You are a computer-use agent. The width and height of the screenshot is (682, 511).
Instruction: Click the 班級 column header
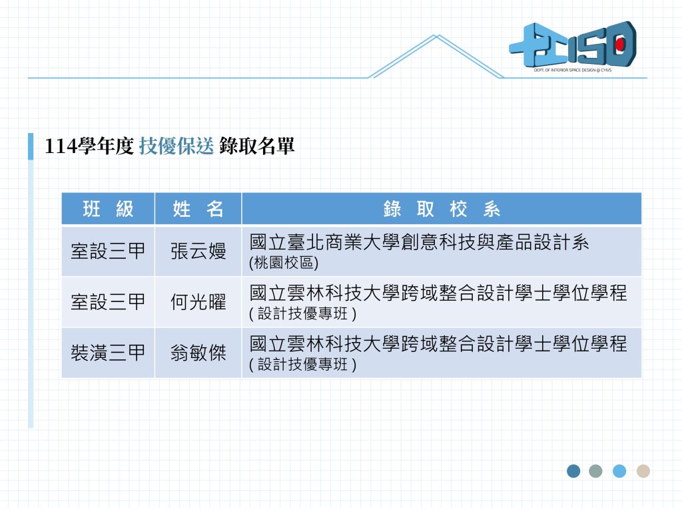(x=108, y=209)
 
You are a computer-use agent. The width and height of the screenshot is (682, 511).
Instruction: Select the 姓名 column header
(x=198, y=209)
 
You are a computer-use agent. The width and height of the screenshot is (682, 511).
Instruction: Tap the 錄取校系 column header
(x=442, y=209)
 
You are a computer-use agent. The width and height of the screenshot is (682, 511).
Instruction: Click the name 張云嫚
(x=198, y=251)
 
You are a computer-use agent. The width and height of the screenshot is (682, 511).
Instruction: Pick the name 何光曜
(x=198, y=302)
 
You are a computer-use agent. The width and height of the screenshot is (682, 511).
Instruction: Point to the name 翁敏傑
(x=198, y=353)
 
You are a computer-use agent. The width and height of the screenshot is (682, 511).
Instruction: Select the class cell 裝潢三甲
(x=108, y=353)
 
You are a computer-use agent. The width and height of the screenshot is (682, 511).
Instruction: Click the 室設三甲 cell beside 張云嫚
(x=108, y=251)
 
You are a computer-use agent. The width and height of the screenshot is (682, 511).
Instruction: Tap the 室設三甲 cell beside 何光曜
(x=108, y=302)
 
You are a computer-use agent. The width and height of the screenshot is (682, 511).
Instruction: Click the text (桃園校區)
(x=284, y=262)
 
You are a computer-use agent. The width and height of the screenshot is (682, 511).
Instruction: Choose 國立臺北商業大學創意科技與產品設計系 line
(x=420, y=242)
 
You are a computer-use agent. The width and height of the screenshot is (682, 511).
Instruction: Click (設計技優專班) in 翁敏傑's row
(x=303, y=364)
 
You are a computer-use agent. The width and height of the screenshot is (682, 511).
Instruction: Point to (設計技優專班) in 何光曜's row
(x=303, y=313)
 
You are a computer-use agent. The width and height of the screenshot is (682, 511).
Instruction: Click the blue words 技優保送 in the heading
(x=176, y=146)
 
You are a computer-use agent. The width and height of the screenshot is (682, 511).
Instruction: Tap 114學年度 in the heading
(x=89, y=146)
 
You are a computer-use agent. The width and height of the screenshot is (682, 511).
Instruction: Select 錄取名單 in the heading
(x=256, y=146)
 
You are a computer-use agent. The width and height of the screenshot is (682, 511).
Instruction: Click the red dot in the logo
(x=620, y=44)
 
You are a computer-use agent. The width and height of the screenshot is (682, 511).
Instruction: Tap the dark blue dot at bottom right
(x=573, y=471)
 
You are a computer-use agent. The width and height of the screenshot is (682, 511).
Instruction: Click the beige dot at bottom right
(x=643, y=471)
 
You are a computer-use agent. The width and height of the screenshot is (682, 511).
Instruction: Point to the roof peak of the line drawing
(x=437, y=35)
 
